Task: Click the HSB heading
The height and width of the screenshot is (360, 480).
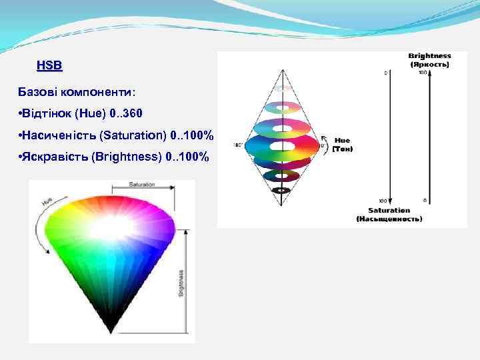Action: click(x=49, y=66)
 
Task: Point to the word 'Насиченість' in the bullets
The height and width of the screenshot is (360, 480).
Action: click(x=59, y=135)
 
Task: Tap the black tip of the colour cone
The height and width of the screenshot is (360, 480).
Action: click(x=111, y=329)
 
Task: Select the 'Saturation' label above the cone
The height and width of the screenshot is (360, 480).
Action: click(x=142, y=184)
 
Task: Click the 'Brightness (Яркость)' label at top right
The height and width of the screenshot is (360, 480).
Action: click(x=429, y=60)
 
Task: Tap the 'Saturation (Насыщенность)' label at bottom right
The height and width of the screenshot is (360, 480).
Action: click(x=389, y=215)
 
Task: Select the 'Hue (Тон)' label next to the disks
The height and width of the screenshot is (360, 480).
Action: click(x=342, y=145)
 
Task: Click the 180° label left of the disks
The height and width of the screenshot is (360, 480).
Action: click(x=237, y=145)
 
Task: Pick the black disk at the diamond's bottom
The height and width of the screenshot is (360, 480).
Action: click(x=282, y=190)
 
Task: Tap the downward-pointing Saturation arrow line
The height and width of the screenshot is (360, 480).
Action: click(x=391, y=133)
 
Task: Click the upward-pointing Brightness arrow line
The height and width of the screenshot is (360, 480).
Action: click(x=429, y=133)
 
